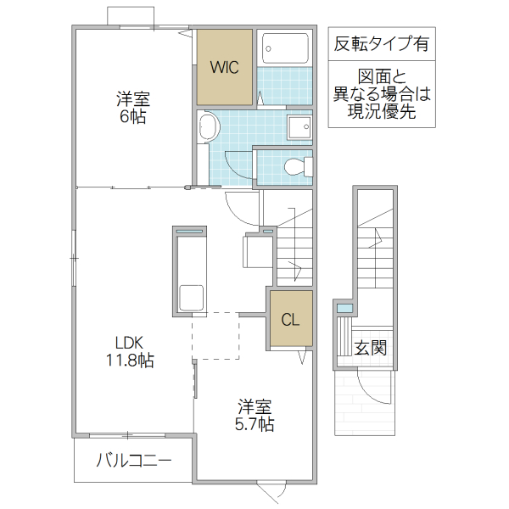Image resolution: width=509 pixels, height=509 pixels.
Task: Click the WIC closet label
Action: coord(225,67)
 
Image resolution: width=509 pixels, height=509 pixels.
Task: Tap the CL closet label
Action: coord(290,320)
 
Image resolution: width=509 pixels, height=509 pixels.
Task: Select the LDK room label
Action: coord(130,343)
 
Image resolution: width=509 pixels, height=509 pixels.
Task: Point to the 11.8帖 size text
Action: coord(130,361)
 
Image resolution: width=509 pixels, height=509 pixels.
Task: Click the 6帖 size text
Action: coord(132,117)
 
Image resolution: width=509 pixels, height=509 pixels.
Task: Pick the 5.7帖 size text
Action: coord(255,423)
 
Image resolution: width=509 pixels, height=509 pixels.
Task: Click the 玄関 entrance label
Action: coord(371,347)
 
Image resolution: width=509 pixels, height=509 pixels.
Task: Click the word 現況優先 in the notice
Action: coord(381,111)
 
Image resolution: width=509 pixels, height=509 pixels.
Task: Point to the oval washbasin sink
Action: coord(209,129)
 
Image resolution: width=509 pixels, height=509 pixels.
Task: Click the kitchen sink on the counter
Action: coord(191,298)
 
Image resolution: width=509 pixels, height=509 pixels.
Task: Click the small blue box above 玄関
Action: coord(344,308)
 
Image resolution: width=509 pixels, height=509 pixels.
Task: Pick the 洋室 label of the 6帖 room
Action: coord(132,98)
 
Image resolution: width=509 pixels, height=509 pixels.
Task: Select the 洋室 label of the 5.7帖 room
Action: coord(255,406)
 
